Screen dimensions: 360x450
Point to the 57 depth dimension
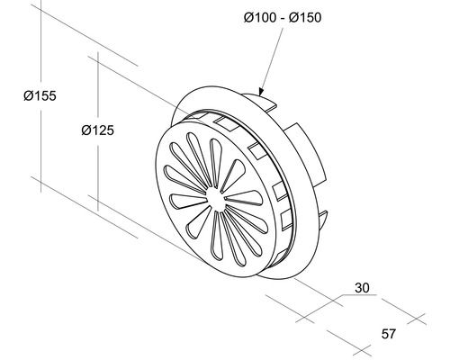click(389, 335)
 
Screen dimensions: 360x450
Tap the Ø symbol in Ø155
click(27, 95)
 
